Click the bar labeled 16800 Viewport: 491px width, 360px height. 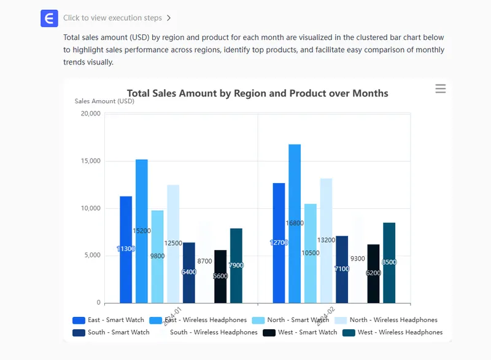pyautogui.click(x=295, y=224)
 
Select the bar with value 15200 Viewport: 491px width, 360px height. pyautogui.click(x=142, y=231)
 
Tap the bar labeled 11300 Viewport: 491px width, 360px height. pyautogui.click(x=126, y=249)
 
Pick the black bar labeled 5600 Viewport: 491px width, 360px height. pyautogui.click(x=220, y=276)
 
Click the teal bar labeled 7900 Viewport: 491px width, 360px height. pyautogui.click(x=236, y=265)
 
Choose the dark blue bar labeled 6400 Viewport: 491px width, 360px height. pyautogui.click(x=189, y=272)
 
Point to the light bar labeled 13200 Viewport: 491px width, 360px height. pyautogui.click(x=326, y=240)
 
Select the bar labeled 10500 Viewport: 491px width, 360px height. pyautogui.click(x=311, y=253)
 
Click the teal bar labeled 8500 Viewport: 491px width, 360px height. pyautogui.click(x=389, y=262)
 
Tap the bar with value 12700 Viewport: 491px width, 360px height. pyautogui.click(x=279, y=243)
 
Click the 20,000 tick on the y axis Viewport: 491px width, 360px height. pyautogui.click(x=90, y=114)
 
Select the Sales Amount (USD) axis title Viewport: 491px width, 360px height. pyautogui.click(x=104, y=101)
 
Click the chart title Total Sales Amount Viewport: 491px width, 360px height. pyautogui.click(x=257, y=93)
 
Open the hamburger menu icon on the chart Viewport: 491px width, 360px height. pyautogui.click(x=440, y=89)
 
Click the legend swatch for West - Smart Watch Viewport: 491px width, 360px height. pyautogui.click(x=269, y=332)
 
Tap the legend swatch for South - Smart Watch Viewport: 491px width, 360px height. pyautogui.click(x=79, y=332)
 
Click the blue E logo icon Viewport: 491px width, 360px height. pyautogui.click(x=49, y=18)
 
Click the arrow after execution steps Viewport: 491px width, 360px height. pyautogui.click(x=169, y=18)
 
